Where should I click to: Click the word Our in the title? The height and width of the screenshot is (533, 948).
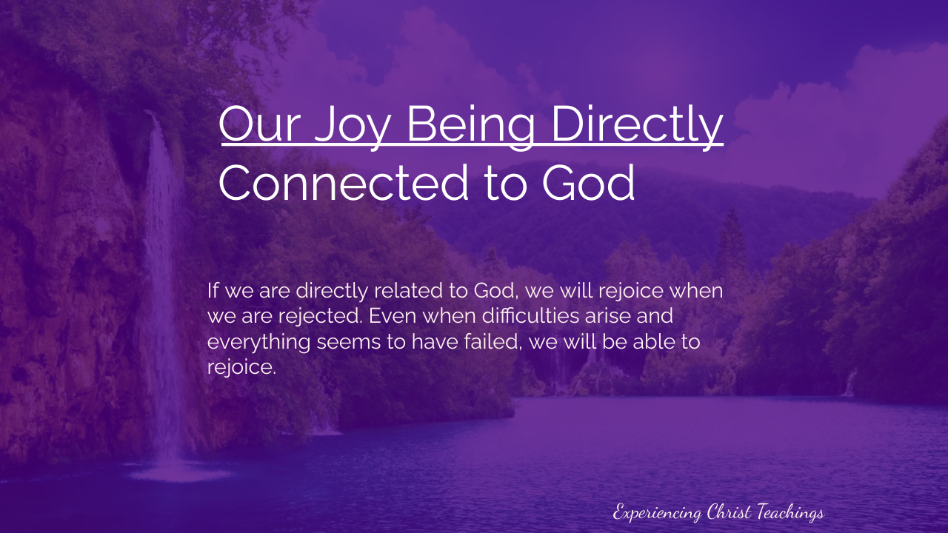click(260, 123)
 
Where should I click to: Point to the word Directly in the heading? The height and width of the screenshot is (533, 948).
click(638, 126)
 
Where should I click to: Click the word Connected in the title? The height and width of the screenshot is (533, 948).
click(343, 183)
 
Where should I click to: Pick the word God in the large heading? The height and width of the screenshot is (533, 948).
click(588, 183)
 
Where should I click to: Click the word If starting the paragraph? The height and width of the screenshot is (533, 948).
click(213, 291)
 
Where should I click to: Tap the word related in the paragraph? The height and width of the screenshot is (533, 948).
click(408, 291)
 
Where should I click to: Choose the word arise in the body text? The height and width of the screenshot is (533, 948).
click(608, 316)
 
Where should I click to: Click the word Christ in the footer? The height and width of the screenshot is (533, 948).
click(730, 512)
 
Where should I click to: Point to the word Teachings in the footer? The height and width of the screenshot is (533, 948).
click(790, 513)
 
